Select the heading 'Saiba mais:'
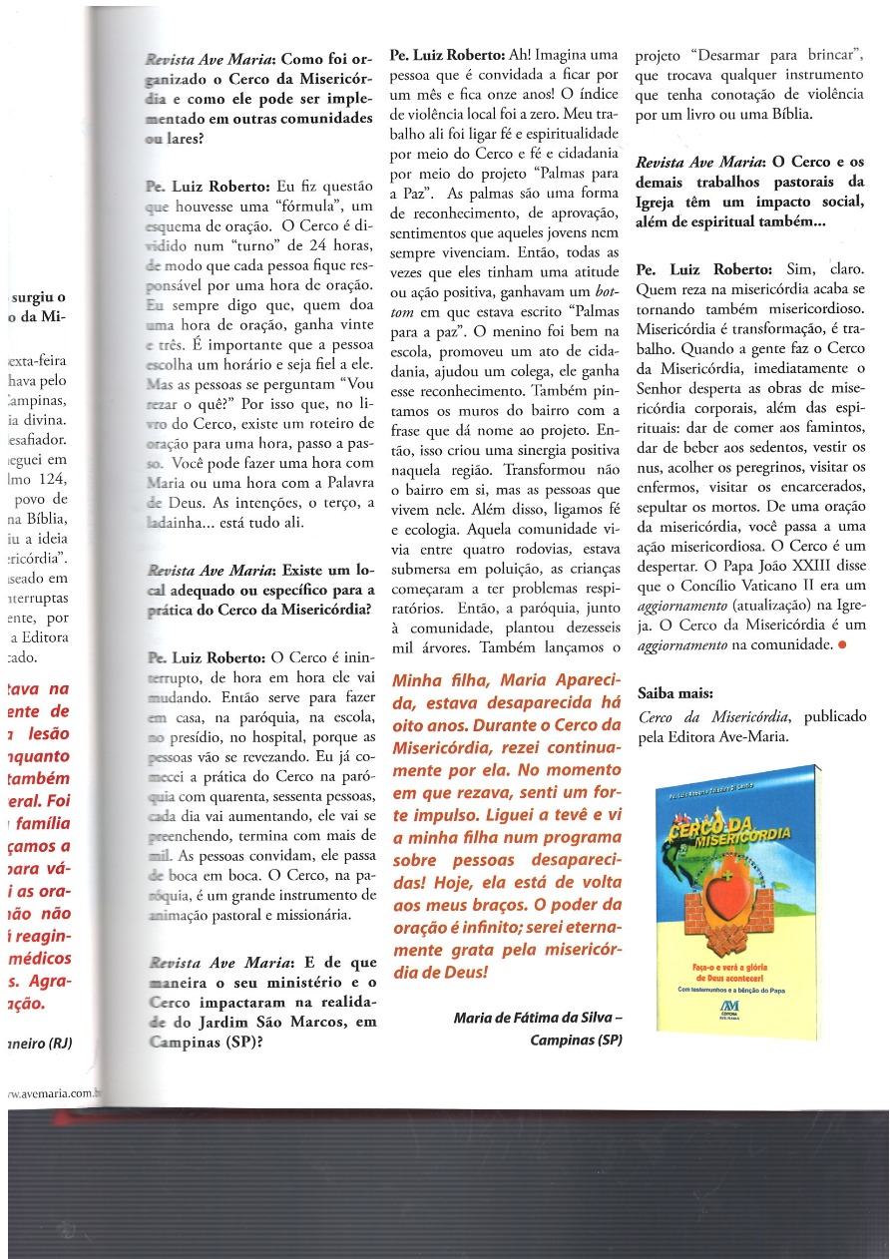[x=675, y=693]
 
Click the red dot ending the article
[x=843, y=644]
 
